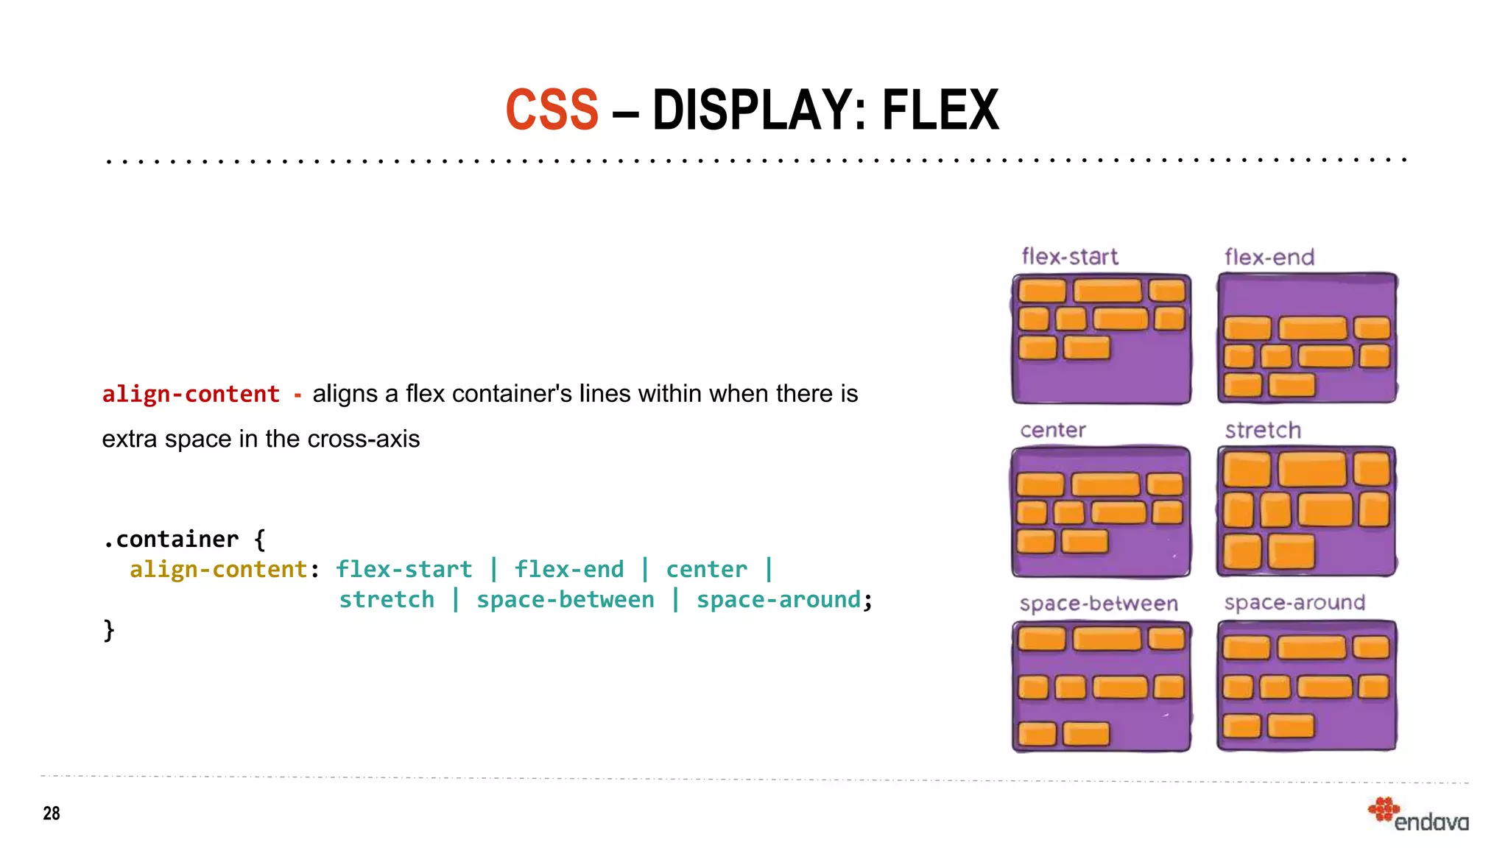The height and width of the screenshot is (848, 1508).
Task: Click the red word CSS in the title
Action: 552,110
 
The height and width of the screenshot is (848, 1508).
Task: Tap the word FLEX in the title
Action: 940,110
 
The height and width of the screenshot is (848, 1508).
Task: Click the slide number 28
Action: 52,813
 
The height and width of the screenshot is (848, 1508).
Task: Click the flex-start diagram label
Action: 1069,257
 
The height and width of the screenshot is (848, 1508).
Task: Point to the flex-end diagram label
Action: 1269,257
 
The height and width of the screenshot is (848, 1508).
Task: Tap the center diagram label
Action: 1053,430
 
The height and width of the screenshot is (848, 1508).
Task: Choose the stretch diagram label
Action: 1263,430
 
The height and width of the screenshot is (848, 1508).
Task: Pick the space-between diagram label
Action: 1099,604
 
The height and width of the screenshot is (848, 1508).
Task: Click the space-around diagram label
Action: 1294,603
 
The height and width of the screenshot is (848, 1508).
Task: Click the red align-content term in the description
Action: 191,394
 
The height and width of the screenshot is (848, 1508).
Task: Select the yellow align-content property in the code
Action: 218,569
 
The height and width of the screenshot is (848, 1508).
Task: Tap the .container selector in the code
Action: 171,540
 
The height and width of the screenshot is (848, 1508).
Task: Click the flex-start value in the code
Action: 404,569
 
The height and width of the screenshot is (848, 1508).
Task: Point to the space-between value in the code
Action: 565,600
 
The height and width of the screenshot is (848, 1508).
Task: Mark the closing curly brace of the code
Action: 109,630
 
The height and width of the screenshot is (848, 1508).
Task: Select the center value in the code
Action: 706,569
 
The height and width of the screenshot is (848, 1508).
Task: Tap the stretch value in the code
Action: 387,600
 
